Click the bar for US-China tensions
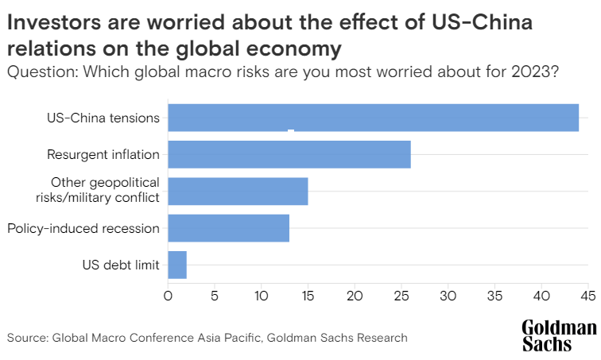point(373,118)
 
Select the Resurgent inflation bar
point(289,154)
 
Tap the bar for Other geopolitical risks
point(238,191)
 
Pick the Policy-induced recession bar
point(229,228)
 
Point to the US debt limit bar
point(177,265)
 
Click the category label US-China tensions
point(103,118)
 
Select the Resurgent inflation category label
point(103,155)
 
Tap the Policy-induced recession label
point(83,229)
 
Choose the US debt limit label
point(121,265)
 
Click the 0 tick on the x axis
point(168,296)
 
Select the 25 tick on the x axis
point(401,296)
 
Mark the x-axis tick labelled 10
point(262,296)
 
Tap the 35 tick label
point(495,296)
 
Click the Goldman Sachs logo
point(559,336)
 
